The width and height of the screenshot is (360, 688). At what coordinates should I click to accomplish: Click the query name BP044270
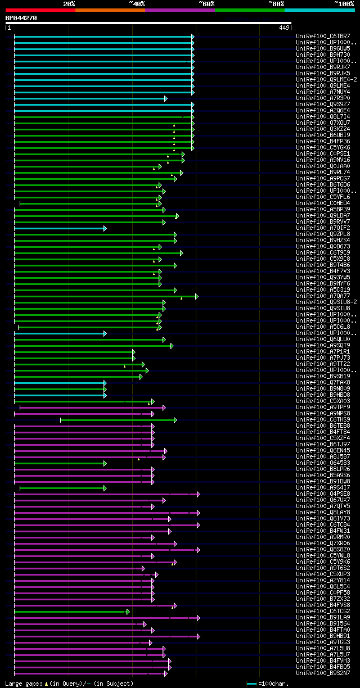[x=21, y=18]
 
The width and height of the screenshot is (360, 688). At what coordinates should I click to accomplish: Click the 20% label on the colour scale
[x=69, y=3]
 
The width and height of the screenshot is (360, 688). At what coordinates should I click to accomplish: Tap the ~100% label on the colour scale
[x=344, y=3]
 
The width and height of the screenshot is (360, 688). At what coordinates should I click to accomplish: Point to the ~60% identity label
[x=206, y=3]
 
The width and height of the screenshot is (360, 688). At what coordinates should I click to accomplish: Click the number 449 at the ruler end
[x=283, y=28]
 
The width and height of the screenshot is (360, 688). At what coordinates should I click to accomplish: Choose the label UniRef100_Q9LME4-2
[x=326, y=80]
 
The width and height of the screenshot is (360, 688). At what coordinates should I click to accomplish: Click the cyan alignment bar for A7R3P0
[x=90, y=98]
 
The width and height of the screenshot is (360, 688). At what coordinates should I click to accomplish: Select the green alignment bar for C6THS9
[x=118, y=420]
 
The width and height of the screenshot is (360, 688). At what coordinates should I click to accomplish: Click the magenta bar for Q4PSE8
[x=106, y=494]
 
